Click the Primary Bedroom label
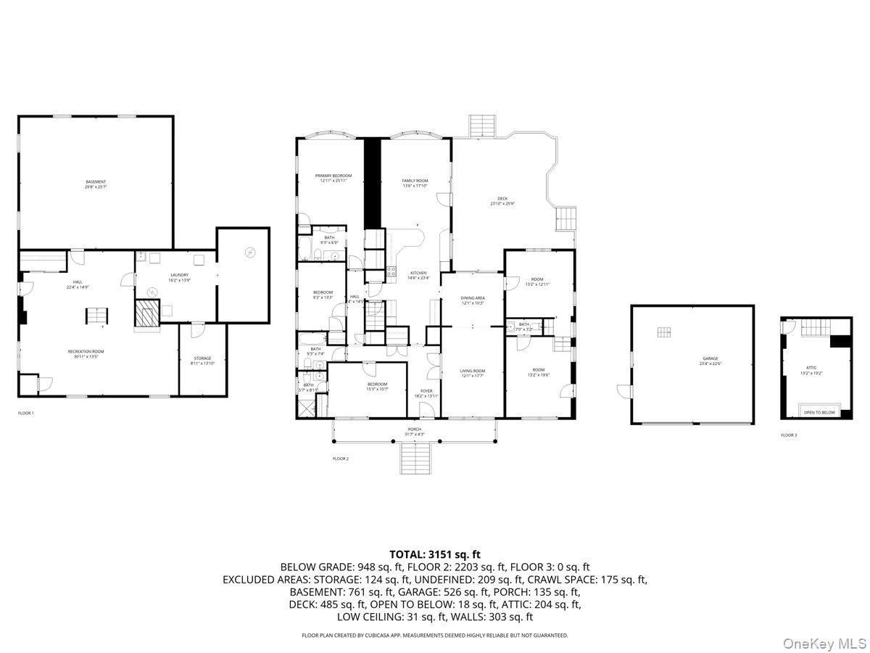[333, 176]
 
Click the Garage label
[710, 358]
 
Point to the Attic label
[811, 368]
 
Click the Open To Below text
[819, 412]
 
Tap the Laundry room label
[179, 275]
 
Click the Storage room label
[202, 358]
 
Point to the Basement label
[96, 181]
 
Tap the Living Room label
[472, 371]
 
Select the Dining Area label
[473, 297]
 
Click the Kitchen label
[418, 273]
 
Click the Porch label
[415, 430]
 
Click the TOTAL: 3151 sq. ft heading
[435, 554]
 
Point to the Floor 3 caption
[788, 435]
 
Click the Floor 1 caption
[26, 413]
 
